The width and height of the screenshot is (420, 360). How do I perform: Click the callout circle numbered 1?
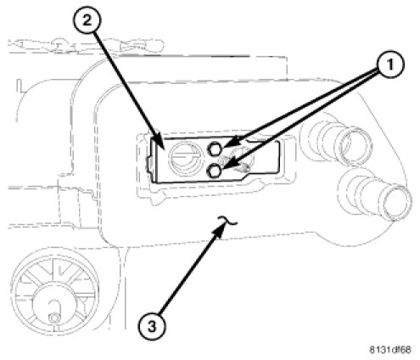point(390,65)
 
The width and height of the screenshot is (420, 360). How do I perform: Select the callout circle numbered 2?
point(87,20)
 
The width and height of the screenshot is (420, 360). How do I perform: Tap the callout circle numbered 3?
point(152,327)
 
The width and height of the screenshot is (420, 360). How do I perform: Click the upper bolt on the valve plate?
point(215,149)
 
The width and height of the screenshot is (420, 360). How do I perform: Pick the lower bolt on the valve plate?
point(215,171)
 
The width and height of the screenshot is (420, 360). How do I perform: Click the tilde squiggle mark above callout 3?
point(227,221)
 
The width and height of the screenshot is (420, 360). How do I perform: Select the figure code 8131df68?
point(390,350)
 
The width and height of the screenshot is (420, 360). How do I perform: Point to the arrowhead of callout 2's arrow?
point(158,143)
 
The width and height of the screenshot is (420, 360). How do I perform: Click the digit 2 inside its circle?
point(87,20)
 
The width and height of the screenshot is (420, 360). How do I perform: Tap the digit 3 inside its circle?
point(152,327)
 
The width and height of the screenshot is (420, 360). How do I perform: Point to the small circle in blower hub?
point(53,318)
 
